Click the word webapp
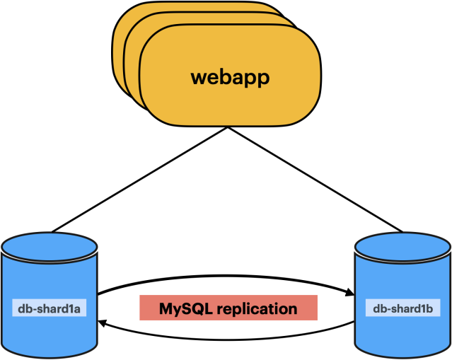tap(230, 78)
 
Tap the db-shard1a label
tap(49, 308)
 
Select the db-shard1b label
tap(402, 308)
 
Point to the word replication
tap(257, 309)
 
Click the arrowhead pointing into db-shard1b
tap(350, 292)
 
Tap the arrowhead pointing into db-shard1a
tap(103, 323)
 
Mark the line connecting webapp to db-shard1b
tap(315, 179)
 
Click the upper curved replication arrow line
tap(226, 276)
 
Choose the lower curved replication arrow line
tap(226, 339)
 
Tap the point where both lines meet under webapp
tap(228, 127)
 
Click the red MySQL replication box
tap(228, 308)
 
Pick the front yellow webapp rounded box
tap(230, 75)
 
